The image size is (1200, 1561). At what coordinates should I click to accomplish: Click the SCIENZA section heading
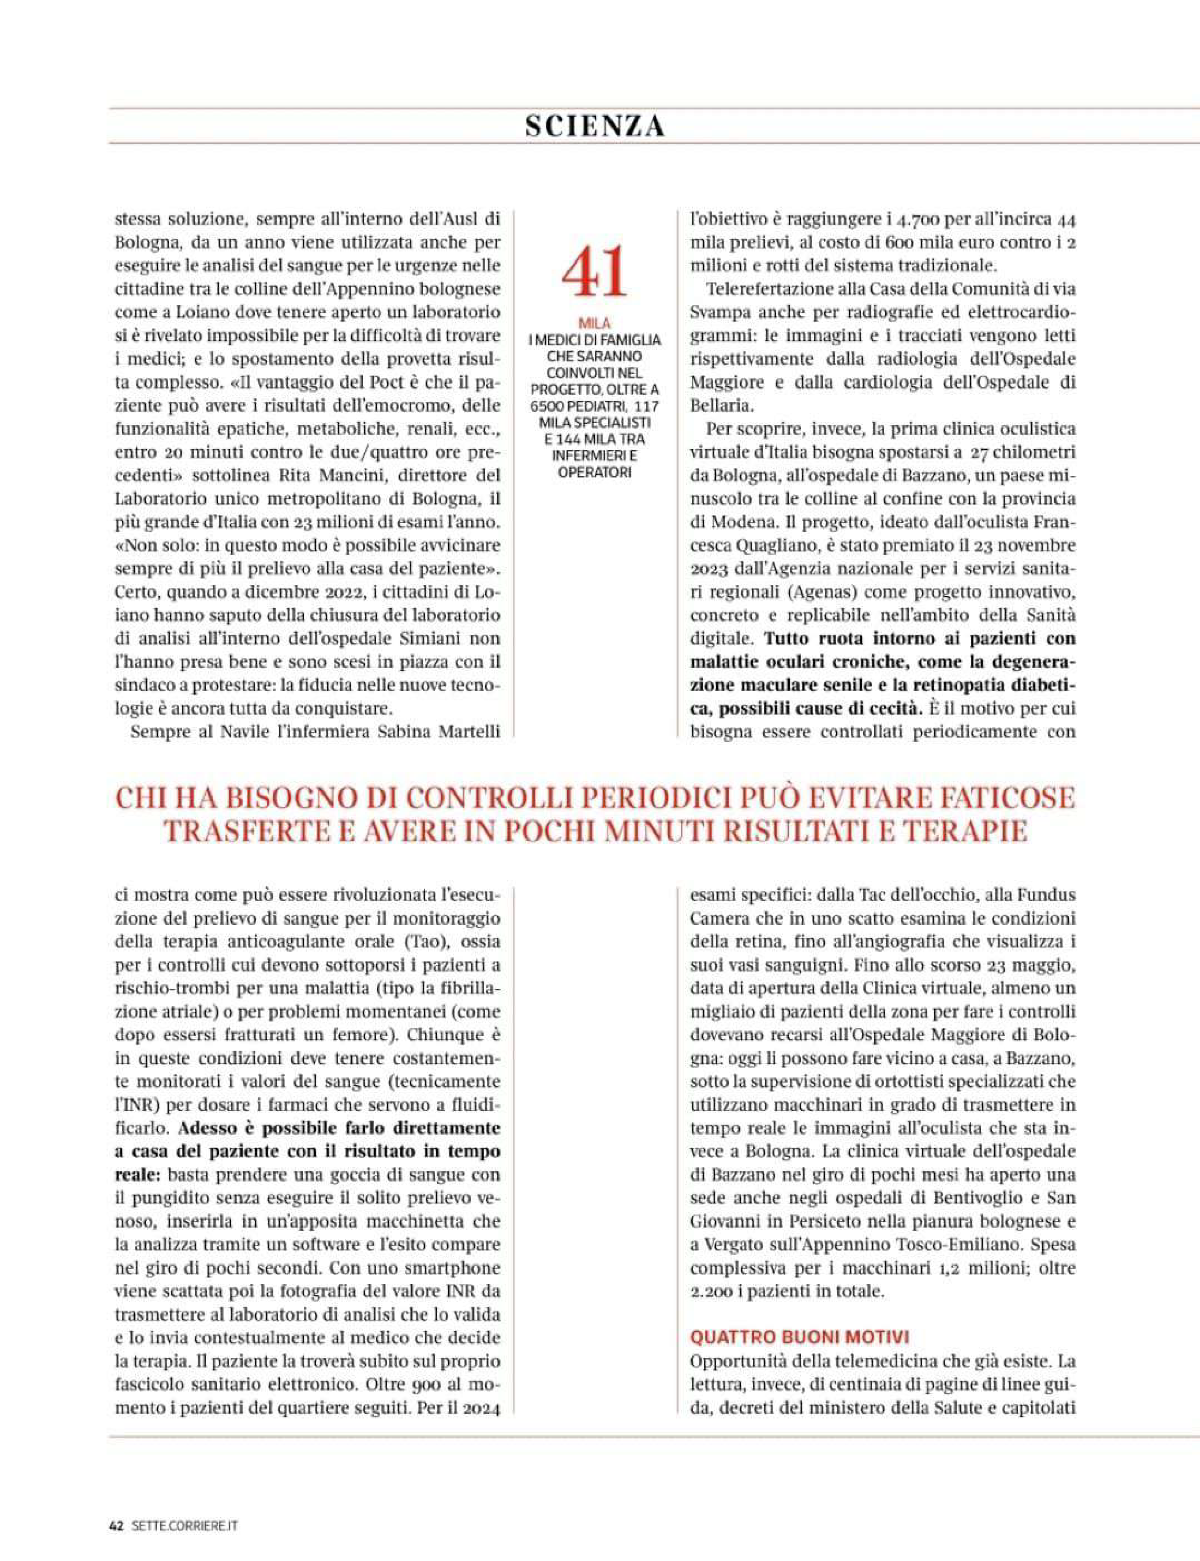(x=594, y=126)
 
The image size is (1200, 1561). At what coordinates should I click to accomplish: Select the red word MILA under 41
(x=594, y=324)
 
